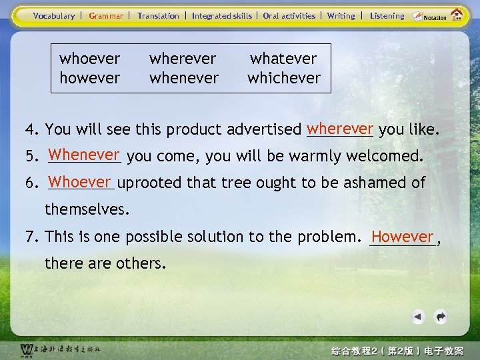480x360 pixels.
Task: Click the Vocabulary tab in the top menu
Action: tap(54, 16)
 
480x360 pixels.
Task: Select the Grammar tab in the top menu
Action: tap(106, 16)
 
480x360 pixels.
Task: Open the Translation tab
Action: tap(158, 16)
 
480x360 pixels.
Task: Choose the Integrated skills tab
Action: tap(222, 16)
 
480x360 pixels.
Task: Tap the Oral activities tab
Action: tap(289, 16)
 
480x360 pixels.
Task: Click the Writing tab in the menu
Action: tap(341, 16)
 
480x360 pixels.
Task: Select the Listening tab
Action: tap(387, 16)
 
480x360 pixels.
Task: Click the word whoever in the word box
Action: tap(90, 59)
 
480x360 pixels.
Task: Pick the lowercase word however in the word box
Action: tap(90, 77)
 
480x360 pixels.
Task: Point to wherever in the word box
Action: tap(184, 59)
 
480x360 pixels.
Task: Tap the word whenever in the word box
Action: tap(184, 77)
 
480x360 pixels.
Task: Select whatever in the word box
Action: tap(283, 59)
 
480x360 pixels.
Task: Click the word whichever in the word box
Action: tap(284, 77)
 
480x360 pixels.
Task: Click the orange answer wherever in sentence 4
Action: tap(340, 127)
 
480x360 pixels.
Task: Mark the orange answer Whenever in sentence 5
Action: tap(83, 155)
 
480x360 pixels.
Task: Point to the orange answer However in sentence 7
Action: tap(403, 236)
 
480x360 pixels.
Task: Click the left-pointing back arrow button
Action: tap(417, 317)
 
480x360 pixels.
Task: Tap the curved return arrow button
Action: tap(440, 317)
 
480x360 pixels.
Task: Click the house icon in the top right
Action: tap(457, 15)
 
